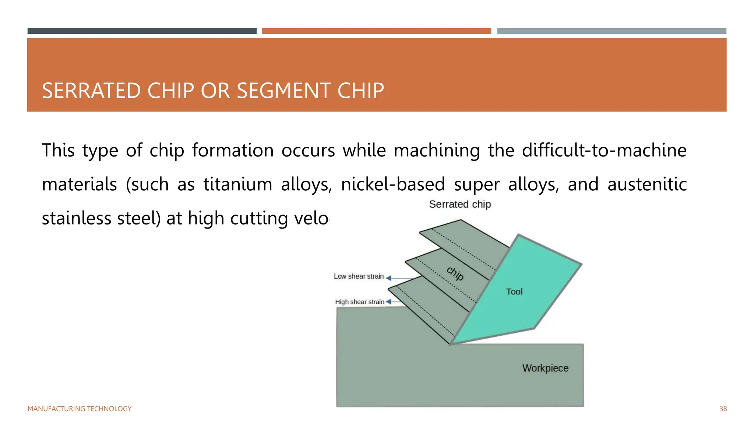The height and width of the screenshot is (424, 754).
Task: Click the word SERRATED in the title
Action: coord(91,91)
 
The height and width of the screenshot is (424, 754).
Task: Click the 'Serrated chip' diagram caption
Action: coord(460,204)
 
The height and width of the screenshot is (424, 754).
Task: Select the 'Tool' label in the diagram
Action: coord(514,292)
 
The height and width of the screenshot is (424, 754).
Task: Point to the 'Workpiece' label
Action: coord(545,368)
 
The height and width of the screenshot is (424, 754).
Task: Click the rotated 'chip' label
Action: coord(455,273)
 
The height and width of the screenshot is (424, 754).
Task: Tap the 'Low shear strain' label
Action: coord(359,276)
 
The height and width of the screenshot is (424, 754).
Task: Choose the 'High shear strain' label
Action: coord(359,302)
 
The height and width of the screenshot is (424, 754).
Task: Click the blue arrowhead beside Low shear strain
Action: coord(388,278)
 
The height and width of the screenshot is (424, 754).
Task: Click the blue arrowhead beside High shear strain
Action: coord(388,302)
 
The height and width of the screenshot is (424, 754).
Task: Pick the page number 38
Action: coord(723,409)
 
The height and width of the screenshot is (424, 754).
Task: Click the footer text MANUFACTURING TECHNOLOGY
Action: coord(80,409)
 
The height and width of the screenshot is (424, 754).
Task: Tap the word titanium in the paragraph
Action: coord(238,184)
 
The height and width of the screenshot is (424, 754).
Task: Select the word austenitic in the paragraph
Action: coord(647,184)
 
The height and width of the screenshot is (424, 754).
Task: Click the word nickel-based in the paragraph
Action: coord(393,184)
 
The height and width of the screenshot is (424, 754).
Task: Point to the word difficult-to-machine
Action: coord(604,151)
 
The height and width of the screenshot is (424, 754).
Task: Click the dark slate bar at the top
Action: coord(142,31)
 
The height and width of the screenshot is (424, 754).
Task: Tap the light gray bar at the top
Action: coord(612,31)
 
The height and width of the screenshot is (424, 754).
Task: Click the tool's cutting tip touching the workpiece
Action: coord(451,343)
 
